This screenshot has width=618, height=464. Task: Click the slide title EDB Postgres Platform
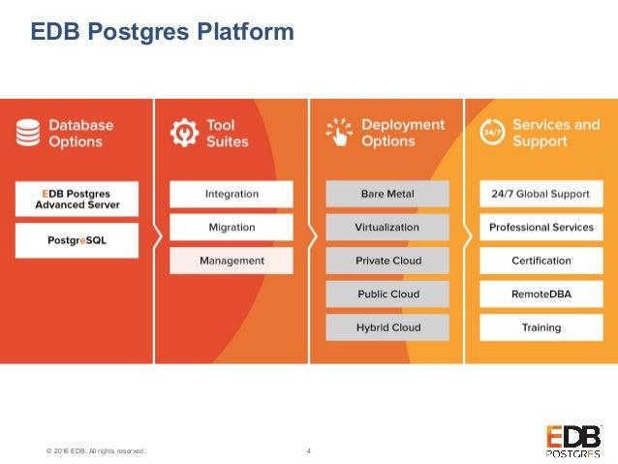point(162,34)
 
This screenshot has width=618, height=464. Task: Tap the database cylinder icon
point(28,133)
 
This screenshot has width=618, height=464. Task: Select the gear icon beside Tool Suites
point(184,133)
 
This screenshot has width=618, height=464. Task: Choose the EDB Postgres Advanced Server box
point(77,199)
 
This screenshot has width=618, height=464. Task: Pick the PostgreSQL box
point(77,239)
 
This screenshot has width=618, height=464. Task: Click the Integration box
point(231,194)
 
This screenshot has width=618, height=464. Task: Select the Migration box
point(231,228)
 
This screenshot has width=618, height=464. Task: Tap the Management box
point(231,261)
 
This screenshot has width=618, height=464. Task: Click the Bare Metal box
point(386,194)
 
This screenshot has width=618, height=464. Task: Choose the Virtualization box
point(386,228)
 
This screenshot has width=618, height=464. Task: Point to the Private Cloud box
point(386,261)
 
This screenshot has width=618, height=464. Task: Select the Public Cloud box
point(386,294)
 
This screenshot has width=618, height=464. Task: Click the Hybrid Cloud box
point(386,327)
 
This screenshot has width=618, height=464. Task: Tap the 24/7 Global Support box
point(541,194)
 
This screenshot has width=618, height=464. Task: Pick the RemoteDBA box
point(541,294)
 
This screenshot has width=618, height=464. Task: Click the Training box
point(541,327)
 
